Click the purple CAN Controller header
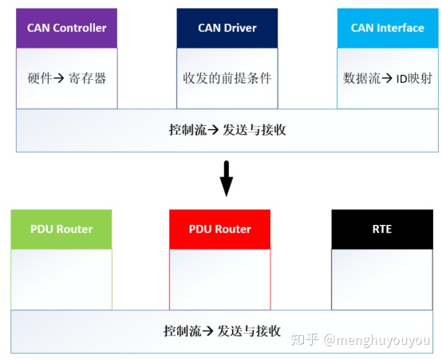click(x=66, y=28)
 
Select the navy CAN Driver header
click(x=227, y=28)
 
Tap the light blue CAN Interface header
click(x=387, y=28)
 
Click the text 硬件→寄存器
click(x=67, y=79)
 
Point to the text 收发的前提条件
click(x=227, y=79)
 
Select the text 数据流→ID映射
click(x=387, y=79)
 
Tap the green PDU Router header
click(x=61, y=229)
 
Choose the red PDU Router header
click(x=219, y=229)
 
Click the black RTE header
click(x=381, y=229)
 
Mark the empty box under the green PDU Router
click(x=61, y=279)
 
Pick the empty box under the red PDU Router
click(x=219, y=279)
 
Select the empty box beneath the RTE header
click(x=381, y=279)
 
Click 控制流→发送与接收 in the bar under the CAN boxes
click(x=227, y=130)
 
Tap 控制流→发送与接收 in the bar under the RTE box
click(x=221, y=330)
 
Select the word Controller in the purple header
click(x=79, y=28)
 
